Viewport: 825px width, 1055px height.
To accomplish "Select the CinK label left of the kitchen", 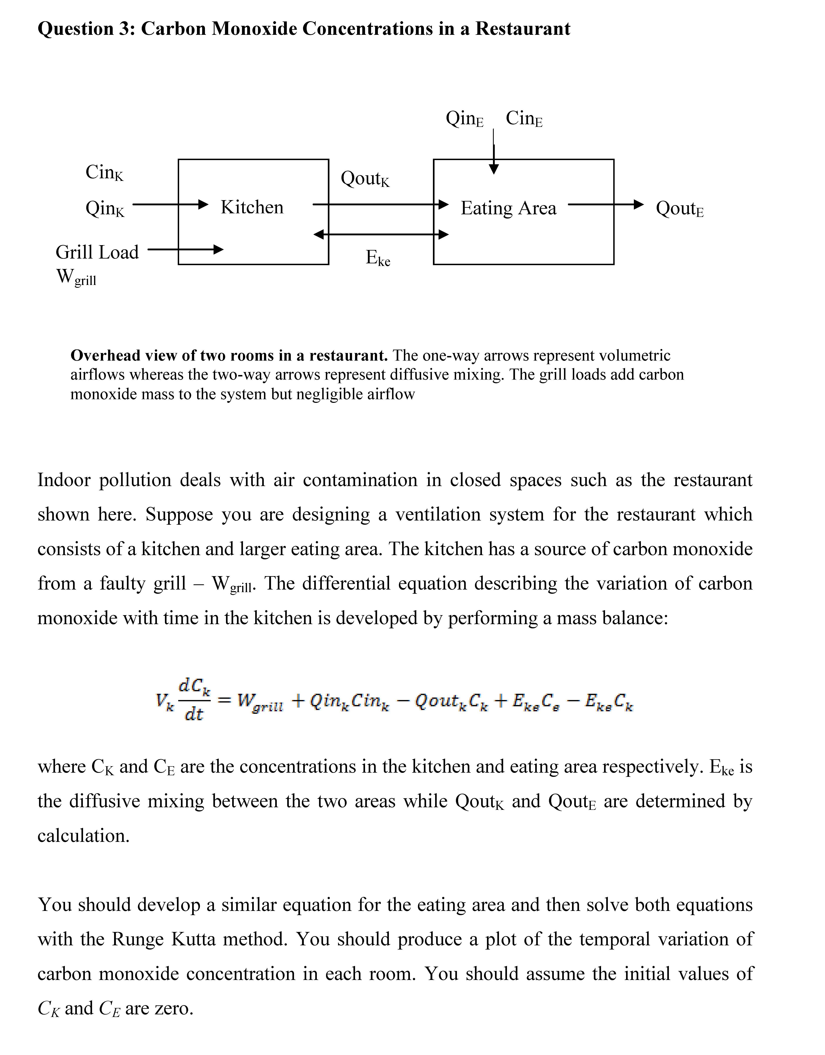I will (104, 172).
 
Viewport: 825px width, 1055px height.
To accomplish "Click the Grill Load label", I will (97, 252).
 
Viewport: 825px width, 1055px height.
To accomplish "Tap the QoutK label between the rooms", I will (365, 179).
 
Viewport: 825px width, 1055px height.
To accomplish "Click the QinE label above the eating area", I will (464, 118).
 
